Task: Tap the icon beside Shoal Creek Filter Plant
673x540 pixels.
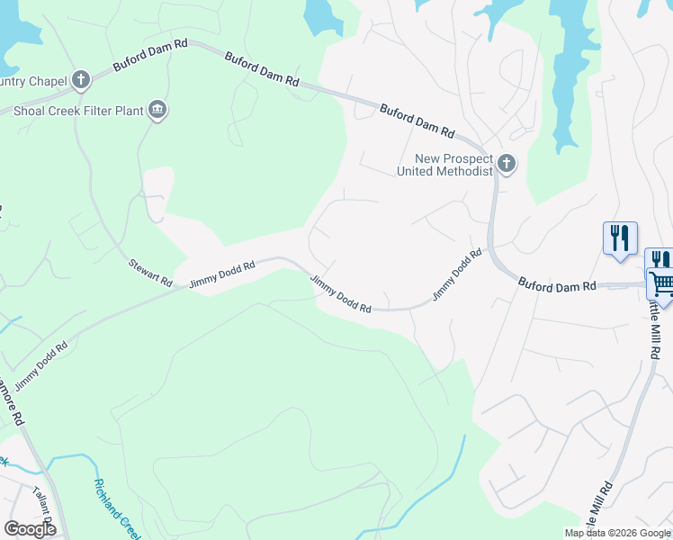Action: [x=158, y=111]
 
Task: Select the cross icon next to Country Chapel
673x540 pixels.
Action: [x=81, y=81]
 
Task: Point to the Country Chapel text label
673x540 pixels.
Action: [x=34, y=82]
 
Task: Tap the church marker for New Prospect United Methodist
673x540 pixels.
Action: [x=507, y=164]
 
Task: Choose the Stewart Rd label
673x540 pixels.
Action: [x=149, y=273]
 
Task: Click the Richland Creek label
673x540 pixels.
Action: [x=117, y=508]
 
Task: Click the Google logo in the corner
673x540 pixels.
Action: [x=30, y=529]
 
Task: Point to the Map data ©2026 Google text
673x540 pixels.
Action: [x=617, y=533]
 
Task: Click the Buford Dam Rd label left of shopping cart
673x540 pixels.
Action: [x=557, y=285]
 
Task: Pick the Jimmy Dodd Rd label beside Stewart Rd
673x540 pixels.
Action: [x=221, y=274]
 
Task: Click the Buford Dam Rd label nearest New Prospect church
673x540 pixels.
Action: [x=417, y=120]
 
